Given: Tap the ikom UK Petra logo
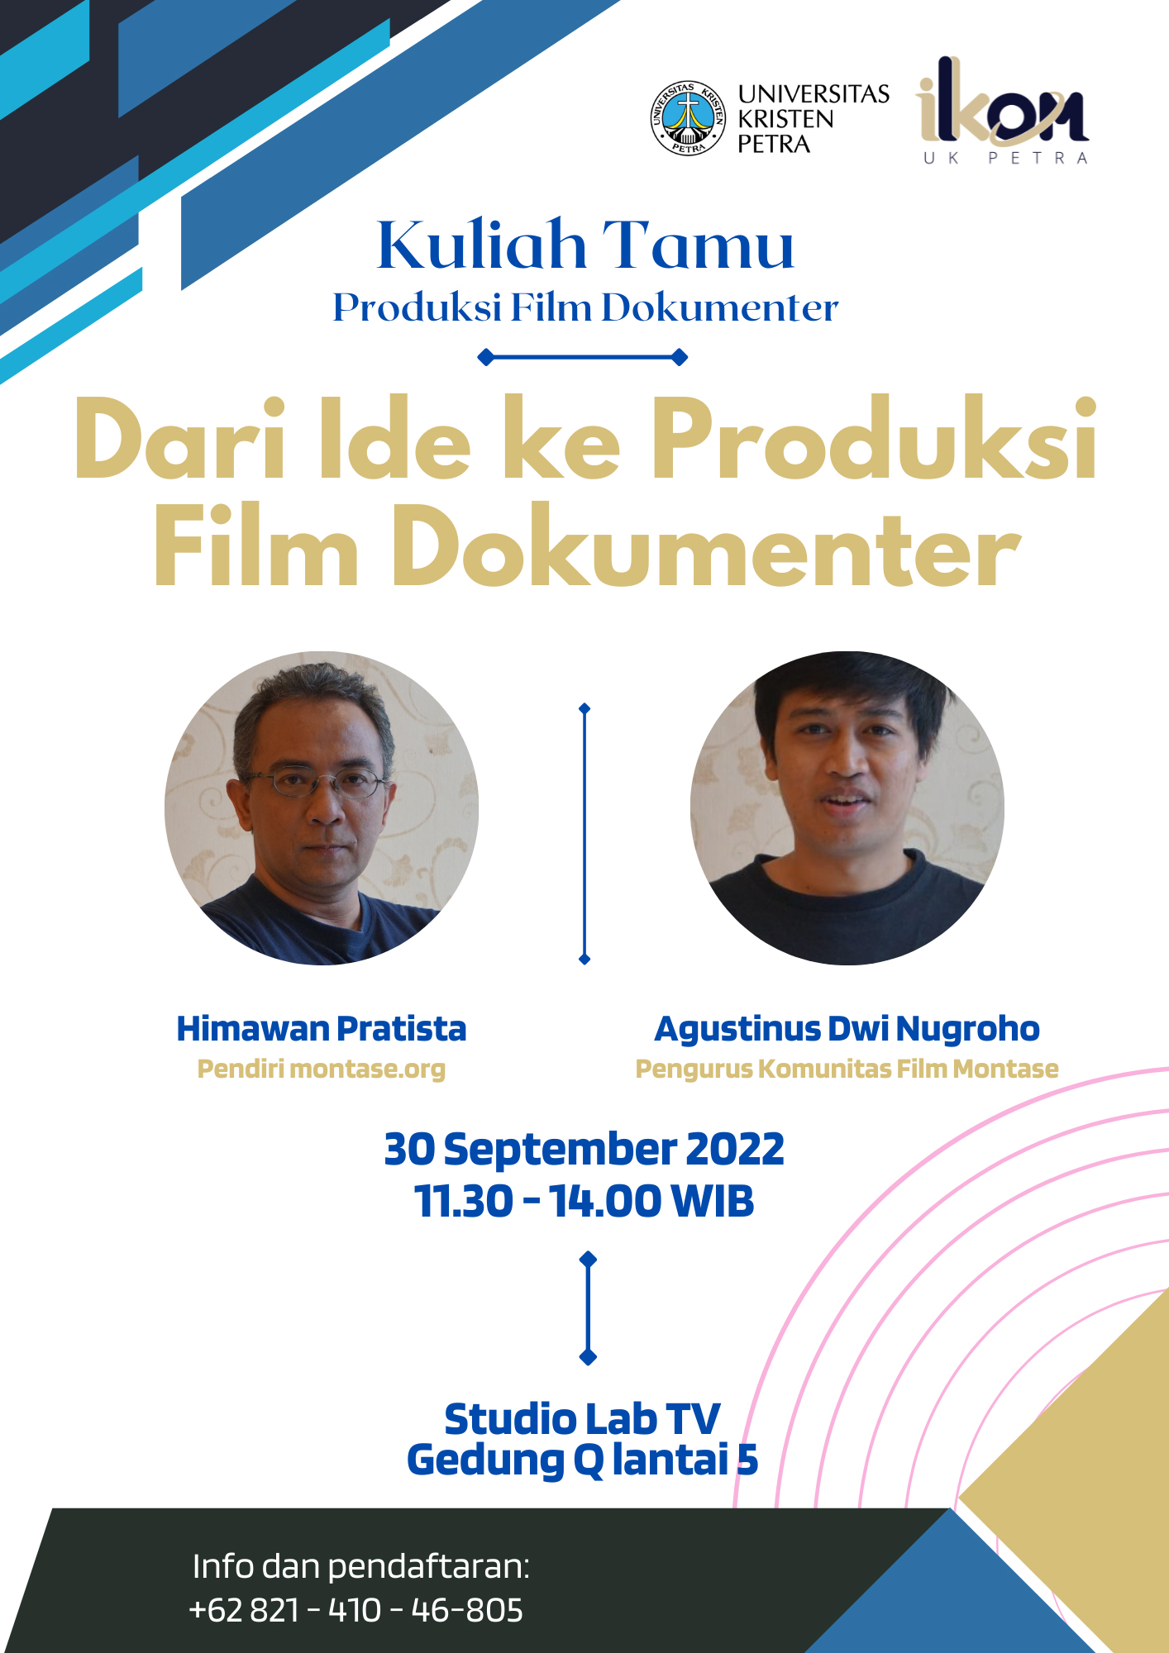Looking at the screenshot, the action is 1003,111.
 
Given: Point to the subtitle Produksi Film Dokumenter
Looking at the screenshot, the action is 585,307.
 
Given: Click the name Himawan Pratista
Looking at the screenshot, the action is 322,1029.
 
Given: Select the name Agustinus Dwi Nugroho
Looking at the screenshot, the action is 847,1030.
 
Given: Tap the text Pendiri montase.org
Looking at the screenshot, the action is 322,1069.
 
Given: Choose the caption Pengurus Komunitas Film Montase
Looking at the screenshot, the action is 847,1069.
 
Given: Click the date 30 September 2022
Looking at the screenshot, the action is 584,1150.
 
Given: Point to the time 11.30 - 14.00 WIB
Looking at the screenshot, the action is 584,1201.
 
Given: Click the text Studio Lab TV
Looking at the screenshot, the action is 583,1419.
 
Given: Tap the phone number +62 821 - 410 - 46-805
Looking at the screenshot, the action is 356,1610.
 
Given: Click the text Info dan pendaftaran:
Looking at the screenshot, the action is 361,1566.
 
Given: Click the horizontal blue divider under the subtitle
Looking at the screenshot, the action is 583,357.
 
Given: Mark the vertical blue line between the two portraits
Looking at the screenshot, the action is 584,834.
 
